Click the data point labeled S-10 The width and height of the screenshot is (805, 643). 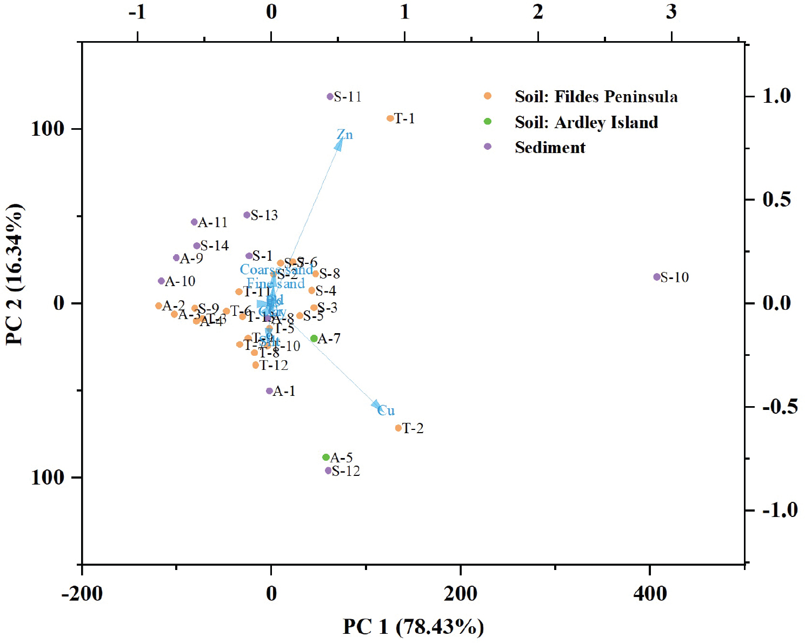click(656, 277)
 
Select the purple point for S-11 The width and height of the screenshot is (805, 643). click(330, 97)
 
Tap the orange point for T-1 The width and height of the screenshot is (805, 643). click(390, 118)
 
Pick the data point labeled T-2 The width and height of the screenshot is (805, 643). click(398, 428)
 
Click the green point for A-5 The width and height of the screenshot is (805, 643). click(325, 458)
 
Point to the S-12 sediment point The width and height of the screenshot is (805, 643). click(328, 470)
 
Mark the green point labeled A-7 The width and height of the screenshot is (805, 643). click(314, 339)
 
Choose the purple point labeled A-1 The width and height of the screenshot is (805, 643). click(269, 391)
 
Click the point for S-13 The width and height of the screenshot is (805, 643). click(247, 215)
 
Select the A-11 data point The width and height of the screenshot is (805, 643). click(194, 222)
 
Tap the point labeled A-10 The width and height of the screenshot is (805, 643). click(161, 281)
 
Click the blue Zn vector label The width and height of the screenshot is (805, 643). click(344, 135)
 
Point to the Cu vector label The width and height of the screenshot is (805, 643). click(386, 410)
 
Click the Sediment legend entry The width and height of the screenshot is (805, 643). click(550, 147)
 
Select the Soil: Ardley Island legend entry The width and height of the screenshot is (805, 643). click(586, 122)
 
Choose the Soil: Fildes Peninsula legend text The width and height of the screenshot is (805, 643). click(596, 97)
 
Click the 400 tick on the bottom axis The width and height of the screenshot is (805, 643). click(650, 594)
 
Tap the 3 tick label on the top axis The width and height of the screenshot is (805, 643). click(671, 12)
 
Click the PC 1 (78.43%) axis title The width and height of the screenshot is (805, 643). click(413, 627)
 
